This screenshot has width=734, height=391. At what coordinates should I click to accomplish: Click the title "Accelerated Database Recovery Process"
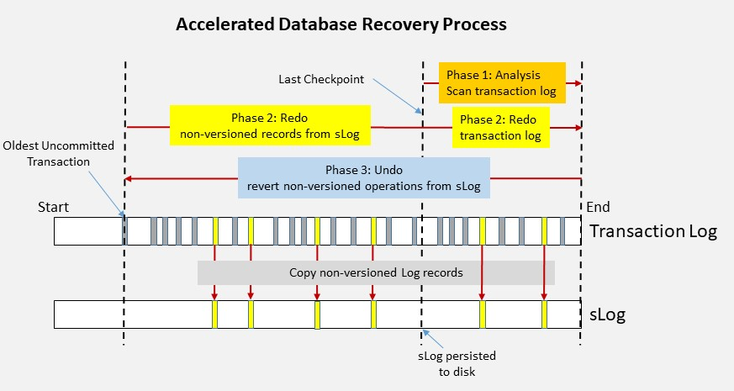pyautogui.click(x=341, y=24)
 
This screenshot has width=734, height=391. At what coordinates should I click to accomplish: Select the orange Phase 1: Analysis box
pyautogui.click(x=501, y=82)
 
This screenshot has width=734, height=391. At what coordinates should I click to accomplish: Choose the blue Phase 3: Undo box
pyautogui.click(x=364, y=177)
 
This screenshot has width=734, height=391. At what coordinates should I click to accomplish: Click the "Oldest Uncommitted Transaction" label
pyautogui.click(x=58, y=154)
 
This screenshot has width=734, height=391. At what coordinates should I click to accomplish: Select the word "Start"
pyautogui.click(x=54, y=207)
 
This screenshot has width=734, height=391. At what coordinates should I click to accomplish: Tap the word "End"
pyautogui.click(x=597, y=207)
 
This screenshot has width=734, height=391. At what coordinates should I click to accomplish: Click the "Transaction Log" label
pyautogui.click(x=653, y=231)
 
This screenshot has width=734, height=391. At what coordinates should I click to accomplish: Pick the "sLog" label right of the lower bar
pyautogui.click(x=606, y=315)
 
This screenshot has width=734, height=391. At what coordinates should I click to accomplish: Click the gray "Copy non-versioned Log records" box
pyautogui.click(x=376, y=272)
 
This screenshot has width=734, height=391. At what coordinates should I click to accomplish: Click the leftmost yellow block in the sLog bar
pyautogui.click(x=215, y=314)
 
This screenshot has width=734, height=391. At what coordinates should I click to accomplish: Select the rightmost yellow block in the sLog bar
pyautogui.click(x=545, y=314)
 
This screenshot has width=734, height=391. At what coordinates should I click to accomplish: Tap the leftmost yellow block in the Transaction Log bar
pyautogui.click(x=215, y=230)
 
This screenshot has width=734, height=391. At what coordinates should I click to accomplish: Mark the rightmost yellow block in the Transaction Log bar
pyautogui.click(x=545, y=230)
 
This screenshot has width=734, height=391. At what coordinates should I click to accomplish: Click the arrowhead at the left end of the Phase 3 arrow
pyautogui.click(x=129, y=178)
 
